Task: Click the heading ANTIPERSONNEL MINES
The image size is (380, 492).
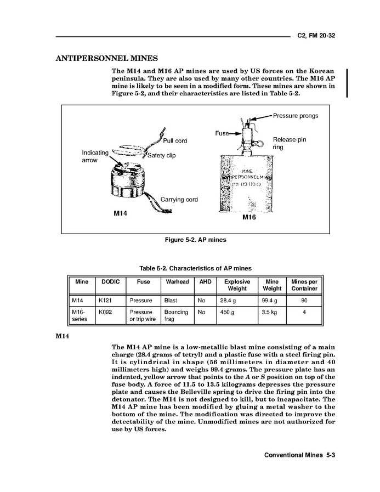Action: point(107,58)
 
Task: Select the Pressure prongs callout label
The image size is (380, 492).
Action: point(295,116)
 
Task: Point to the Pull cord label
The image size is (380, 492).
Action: point(175,141)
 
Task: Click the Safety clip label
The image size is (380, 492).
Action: point(161,155)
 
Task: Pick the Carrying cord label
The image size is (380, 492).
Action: point(179,200)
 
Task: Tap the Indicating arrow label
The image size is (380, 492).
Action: point(95,156)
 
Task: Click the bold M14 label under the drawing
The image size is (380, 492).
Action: point(120,213)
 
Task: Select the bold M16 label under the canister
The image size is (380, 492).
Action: point(249,218)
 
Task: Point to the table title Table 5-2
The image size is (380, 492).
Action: point(195,268)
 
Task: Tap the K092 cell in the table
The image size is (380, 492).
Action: point(104,312)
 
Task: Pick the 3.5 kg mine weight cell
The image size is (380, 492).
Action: point(270,312)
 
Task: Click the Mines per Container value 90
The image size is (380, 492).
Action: point(304,301)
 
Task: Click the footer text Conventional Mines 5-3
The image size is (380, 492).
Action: point(299,455)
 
